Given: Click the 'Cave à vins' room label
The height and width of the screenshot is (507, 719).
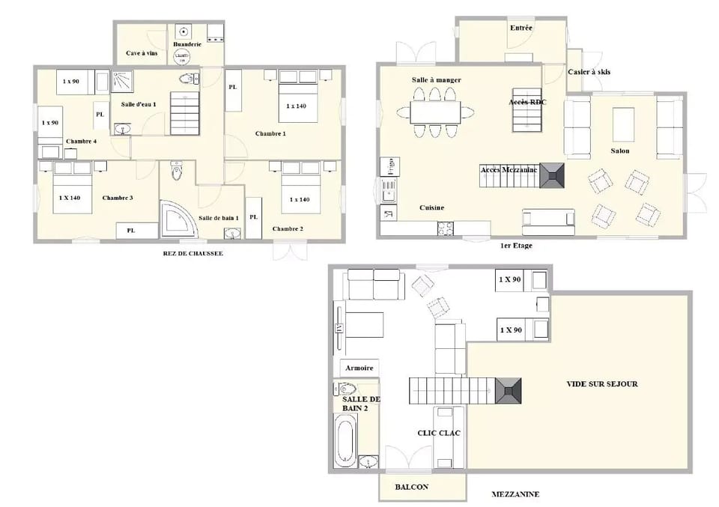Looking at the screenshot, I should click(142, 53).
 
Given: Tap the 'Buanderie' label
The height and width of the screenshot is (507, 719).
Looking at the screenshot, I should click(187, 44).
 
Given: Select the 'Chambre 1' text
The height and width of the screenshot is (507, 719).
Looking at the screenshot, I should click(270, 133).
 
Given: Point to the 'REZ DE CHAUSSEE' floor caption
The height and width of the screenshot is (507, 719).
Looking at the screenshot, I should click(192, 253).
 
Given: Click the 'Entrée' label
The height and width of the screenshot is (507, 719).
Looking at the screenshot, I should click(521, 28).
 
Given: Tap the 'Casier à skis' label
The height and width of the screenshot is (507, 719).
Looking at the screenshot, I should click(589, 71).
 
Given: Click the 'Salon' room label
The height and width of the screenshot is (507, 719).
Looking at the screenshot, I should click(619, 151).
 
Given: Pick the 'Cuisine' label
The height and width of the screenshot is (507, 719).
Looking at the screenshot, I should click(431, 207).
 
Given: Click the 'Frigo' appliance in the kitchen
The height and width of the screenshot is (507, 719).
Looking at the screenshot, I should click(388, 166).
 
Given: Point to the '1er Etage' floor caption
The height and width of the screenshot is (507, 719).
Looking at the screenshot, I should click(516, 245).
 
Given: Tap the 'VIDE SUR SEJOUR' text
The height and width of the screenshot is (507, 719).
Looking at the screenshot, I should click(601, 383).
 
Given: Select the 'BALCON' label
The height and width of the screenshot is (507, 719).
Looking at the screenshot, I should click(411, 487).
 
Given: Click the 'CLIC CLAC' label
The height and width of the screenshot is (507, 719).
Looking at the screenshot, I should click(438, 433).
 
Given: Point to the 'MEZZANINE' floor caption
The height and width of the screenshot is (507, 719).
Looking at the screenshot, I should click(515, 494).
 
